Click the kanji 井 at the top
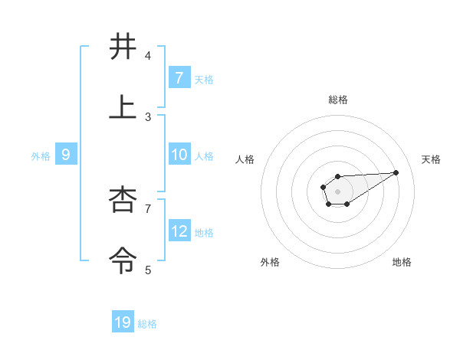123,47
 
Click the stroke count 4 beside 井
148,56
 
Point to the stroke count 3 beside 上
148,117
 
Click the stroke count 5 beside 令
148,270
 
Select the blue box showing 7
179,77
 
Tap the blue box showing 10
179,154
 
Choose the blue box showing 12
179,231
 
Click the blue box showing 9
66,155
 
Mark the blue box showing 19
123,322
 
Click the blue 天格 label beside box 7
204,80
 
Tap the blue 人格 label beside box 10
204,156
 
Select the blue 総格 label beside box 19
147,324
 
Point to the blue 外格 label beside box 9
41,156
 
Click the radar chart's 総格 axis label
338,100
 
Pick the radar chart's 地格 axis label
402,262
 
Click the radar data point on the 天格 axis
396,172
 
